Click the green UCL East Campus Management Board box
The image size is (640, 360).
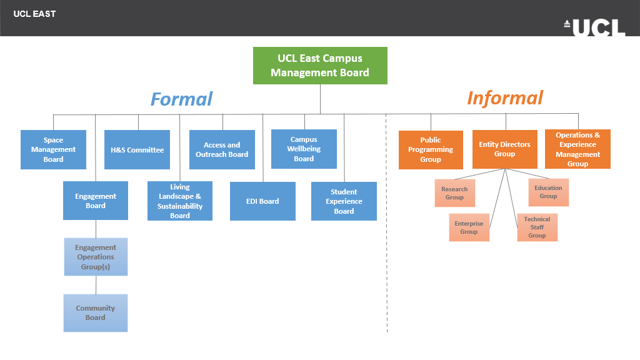(x=320, y=66)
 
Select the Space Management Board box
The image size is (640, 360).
(x=53, y=149)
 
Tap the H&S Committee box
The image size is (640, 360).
(x=137, y=149)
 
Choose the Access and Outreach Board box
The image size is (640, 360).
(x=222, y=149)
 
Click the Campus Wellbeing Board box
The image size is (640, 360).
(x=304, y=149)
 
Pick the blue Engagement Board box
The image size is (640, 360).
(x=96, y=201)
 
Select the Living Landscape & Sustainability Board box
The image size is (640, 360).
(x=180, y=201)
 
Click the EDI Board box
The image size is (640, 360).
(x=262, y=201)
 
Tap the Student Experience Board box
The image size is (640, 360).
(x=344, y=201)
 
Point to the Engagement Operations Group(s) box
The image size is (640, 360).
(x=96, y=256)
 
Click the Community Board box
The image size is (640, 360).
(x=96, y=312)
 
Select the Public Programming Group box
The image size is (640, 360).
(x=431, y=149)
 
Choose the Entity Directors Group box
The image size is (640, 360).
(x=504, y=149)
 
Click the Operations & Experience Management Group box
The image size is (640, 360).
(x=577, y=149)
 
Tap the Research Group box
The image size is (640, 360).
(x=454, y=193)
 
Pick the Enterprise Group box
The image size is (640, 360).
(x=469, y=227)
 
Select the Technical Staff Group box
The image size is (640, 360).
(x=537, y=227)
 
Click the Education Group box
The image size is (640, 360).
(x=548, y=192)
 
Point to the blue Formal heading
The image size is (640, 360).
(x=181, y=99)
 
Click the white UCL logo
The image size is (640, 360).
(x=594, y=27)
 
